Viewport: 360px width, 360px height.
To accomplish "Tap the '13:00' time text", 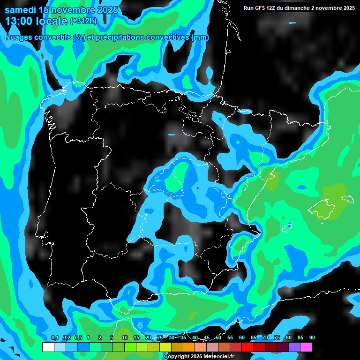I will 20,21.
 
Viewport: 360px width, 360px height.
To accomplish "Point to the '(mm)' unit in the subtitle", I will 201,37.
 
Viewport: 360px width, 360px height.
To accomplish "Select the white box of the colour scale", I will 48,347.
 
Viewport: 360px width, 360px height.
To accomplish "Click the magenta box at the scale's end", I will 306,347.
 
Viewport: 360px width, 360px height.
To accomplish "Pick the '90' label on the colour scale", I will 312,337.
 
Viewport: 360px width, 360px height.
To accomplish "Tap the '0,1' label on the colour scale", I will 54,337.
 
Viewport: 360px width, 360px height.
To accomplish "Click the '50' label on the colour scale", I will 218,337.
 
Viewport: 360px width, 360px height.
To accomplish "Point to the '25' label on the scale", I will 160,337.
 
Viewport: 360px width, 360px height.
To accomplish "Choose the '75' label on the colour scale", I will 277,337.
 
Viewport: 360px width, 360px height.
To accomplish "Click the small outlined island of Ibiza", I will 287,227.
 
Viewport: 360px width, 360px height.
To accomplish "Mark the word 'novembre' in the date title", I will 75,10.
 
